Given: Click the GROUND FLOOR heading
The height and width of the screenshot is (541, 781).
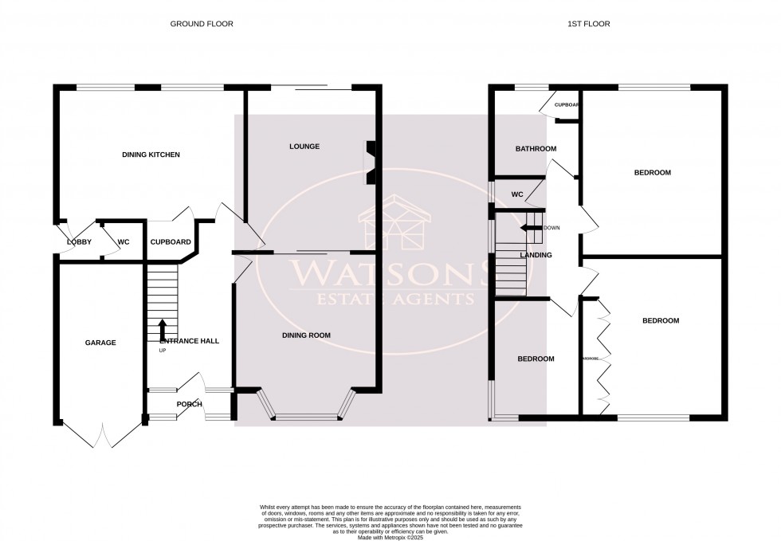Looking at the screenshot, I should click(x=202, y=24).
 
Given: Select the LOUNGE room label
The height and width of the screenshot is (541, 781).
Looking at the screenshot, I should click(x=304, y=147).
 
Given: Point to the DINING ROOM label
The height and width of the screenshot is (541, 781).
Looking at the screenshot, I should click(x=306, y=335).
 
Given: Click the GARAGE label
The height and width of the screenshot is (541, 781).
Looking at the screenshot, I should click(x=100, y=343).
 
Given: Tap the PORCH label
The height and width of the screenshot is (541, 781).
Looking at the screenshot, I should click(x=189, y=404).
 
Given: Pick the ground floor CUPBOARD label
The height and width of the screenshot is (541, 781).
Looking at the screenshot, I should click(x=170, y=241).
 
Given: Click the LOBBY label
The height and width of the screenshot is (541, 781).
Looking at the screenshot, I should click(x=79, y=241).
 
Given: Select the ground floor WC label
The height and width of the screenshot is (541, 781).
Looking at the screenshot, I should click(x=124, y=241).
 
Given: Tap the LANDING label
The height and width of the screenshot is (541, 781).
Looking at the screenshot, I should click(x=536, y=255).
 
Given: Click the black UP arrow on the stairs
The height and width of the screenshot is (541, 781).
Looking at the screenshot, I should click(x=163, y=329).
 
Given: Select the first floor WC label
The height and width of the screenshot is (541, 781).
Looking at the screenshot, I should click(x=516, y=194).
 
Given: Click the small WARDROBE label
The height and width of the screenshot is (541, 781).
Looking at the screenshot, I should click(x=590, y=359).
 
